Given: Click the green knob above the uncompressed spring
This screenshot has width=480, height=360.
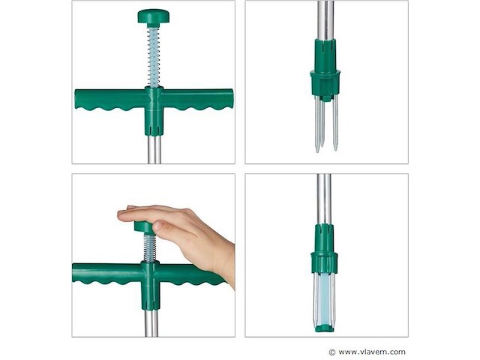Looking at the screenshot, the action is pyautogui.click(x=153, y=16).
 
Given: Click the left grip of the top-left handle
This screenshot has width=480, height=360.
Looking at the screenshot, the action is pyautogui.click(x=110, y=99).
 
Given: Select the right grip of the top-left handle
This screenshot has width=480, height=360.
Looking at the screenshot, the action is pyautogui.click(x=197, y=99).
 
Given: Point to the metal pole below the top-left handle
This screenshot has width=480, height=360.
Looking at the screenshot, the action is pyautogui.click(x=154, y=150).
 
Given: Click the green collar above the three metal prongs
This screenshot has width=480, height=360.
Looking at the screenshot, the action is pyautogui.click(x=325, y=70).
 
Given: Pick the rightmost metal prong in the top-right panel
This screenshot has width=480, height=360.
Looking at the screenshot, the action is pyautogui.click(x=335, y=123).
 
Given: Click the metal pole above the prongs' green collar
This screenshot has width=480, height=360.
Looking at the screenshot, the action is pyautogui.click(x=325, y=20).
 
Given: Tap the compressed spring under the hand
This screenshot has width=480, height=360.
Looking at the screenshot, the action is pyautogui.click(x=150, y=248).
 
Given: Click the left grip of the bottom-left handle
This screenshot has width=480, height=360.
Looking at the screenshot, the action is pyautogui.click(x=107, y=273).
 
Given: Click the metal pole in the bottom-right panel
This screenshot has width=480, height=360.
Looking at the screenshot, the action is pyautogui.click(x=324, y=199).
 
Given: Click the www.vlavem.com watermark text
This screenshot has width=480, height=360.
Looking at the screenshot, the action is pyautogui.click(x=372, y=352).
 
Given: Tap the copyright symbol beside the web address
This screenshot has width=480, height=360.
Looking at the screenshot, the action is pyautogui.click(x=331, y=352).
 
